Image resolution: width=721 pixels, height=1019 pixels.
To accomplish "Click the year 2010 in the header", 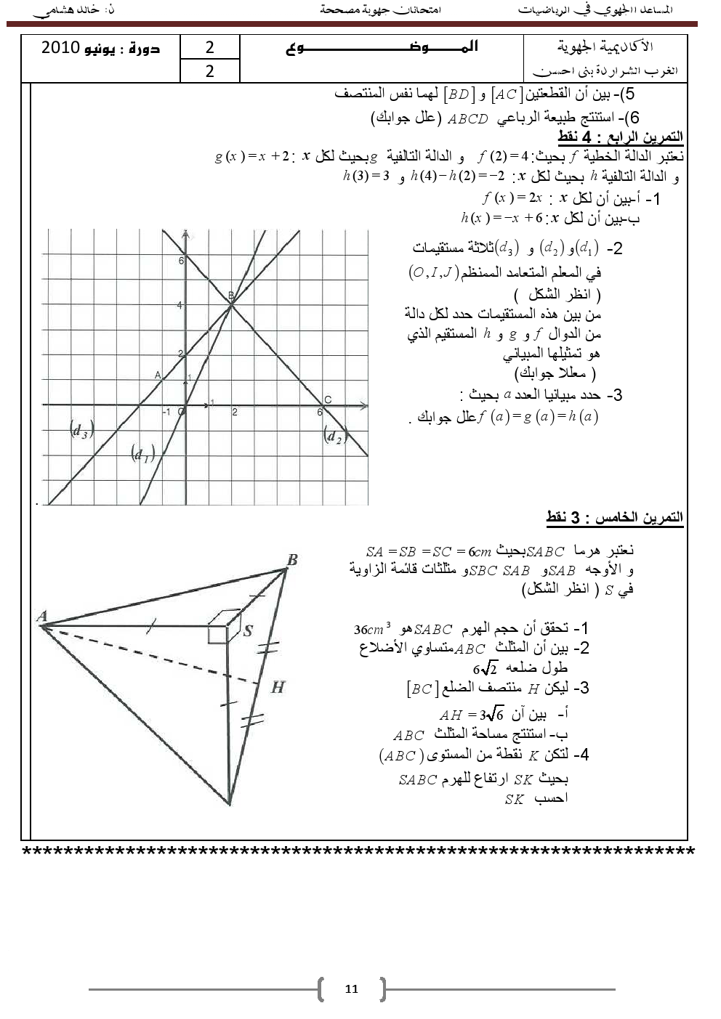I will (x=60, y=48).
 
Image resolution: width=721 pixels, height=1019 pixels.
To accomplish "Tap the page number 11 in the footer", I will (x=352, y=988).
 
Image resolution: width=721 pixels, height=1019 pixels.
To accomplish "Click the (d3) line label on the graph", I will (x=81, y=429).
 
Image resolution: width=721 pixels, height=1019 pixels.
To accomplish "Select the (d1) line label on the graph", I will (x=142, y=454).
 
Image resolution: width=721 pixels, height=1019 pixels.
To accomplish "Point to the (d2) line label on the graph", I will (x=334, y=436).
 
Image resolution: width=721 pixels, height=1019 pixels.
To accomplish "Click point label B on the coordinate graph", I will (x=231, y=295).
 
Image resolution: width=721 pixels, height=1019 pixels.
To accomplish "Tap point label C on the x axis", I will (x=328, y=399).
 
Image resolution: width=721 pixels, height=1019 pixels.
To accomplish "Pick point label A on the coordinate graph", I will (x=158, y=375).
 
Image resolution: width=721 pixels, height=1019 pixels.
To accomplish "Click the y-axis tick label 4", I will (x=180, y=305).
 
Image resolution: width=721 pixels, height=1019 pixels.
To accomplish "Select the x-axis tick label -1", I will (x=166, y=412).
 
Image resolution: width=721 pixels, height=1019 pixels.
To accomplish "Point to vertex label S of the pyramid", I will (x=248, y=630).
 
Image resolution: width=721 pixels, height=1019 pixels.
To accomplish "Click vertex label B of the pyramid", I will (x=292, y=559).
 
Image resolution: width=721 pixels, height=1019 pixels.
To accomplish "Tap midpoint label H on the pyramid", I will (x=278, y=686).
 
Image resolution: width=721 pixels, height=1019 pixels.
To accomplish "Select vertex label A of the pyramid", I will (x=42, y=617).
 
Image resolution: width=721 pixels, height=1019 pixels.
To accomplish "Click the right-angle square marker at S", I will (x=218, y=633).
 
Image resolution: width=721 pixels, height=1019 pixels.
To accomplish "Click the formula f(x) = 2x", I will (x=512, y=198).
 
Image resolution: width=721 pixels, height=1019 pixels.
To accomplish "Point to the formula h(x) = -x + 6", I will (x=502, y=218).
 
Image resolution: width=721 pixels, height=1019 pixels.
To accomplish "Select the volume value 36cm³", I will (x=372, y=629).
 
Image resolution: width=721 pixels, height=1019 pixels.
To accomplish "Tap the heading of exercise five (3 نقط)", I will (x=614, y=517).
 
